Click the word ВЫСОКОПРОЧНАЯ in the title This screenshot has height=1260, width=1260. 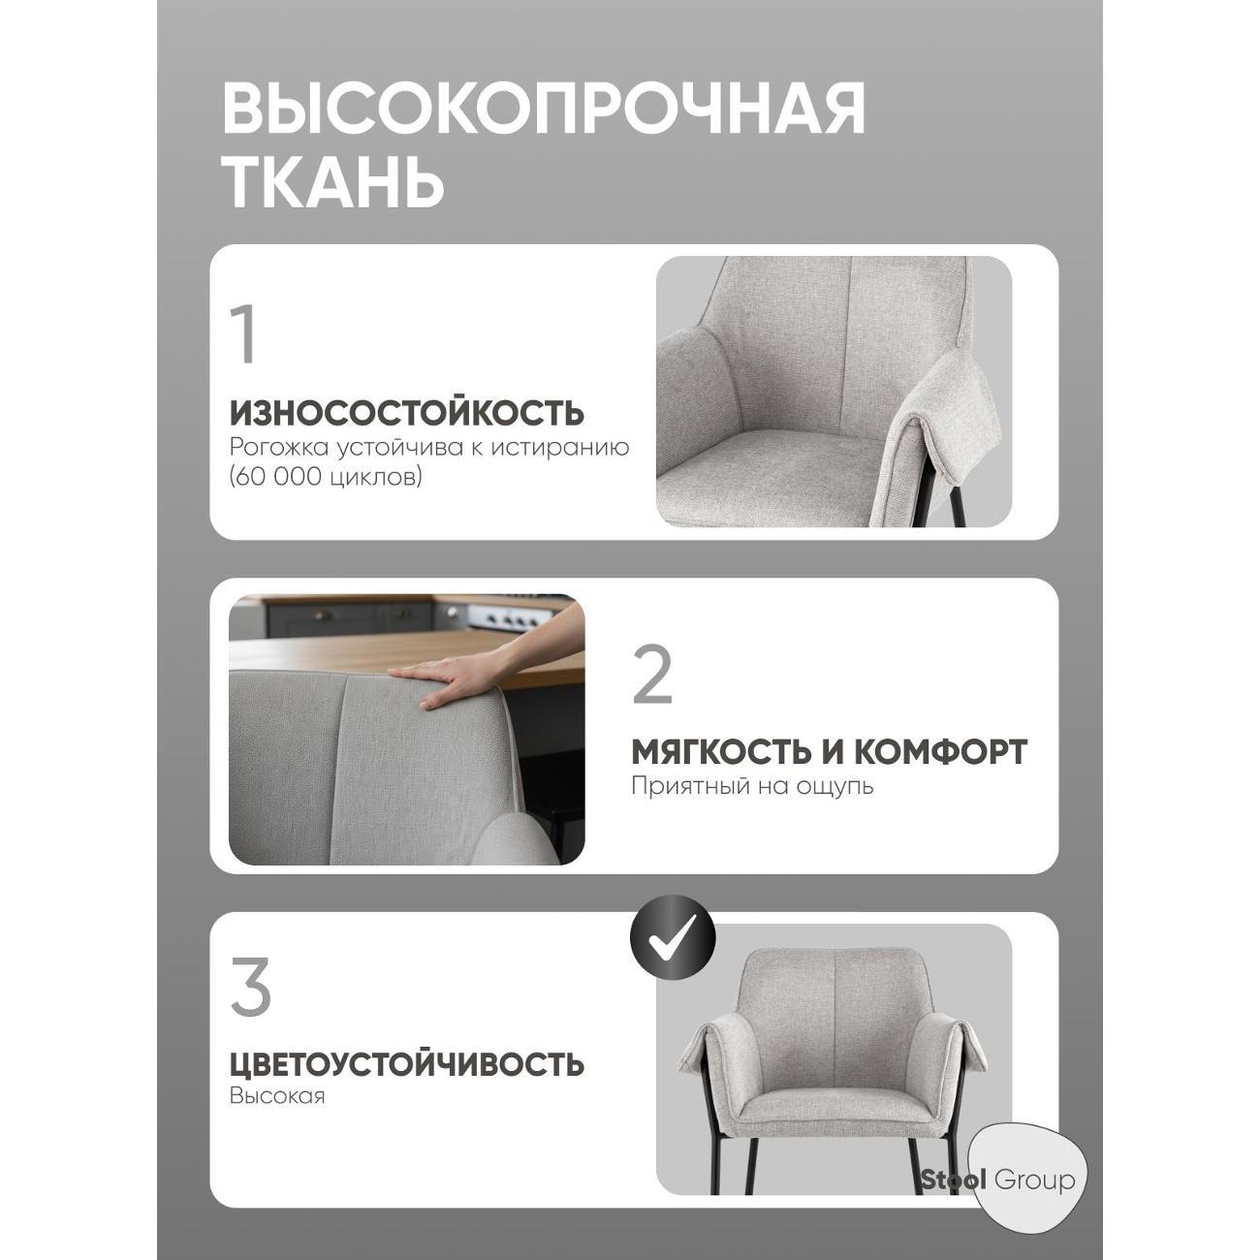tap(543, 108)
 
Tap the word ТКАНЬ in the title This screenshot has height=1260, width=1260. tap(334, 181)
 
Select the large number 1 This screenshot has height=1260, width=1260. tap(245, 335)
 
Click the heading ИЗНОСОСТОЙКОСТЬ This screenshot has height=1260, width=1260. tap(407, 413)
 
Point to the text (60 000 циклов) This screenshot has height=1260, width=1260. tap(326, 478)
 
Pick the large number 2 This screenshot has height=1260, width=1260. tap(651, 676)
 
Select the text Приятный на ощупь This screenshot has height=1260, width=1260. tap(752, 785)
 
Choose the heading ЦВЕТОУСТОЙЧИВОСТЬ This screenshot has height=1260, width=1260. tap(407, 1064)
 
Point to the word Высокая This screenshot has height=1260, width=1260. tap(277, 1096)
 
